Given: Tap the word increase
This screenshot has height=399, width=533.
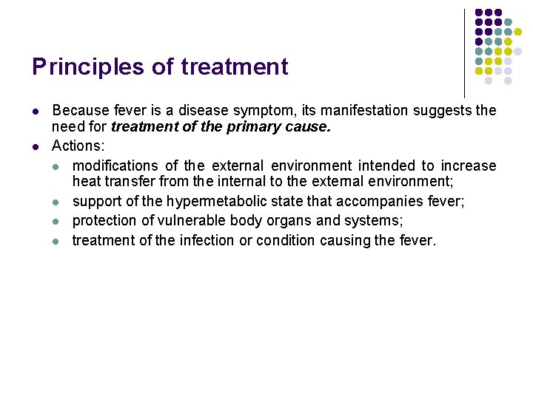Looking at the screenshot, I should point(469,166).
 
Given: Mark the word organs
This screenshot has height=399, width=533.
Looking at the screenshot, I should point(292,221).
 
